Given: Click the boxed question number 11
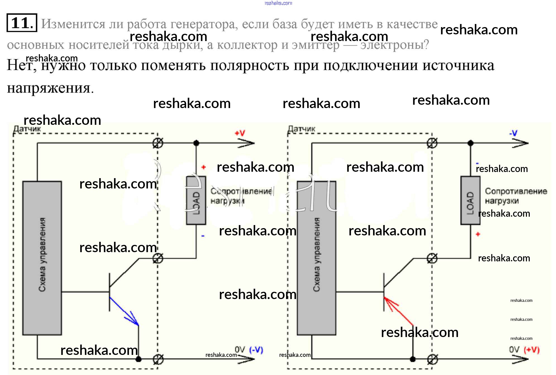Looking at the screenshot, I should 22,23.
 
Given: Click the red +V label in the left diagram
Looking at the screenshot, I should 240,133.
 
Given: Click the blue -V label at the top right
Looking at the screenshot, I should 513,133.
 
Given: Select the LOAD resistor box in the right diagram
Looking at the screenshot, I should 470,200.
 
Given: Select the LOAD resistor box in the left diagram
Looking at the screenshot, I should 196,200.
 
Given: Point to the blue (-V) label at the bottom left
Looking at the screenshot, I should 256,350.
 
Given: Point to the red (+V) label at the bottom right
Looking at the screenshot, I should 531,350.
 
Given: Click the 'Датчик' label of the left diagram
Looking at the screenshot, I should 27,129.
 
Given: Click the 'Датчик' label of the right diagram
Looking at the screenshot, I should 301,129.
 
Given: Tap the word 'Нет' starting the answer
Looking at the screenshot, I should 21,65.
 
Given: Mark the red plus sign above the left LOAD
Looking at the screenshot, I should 204,167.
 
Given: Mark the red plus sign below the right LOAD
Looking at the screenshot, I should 478,234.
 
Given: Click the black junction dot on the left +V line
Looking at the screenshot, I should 196,143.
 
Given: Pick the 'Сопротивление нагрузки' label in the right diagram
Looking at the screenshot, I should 516,196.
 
